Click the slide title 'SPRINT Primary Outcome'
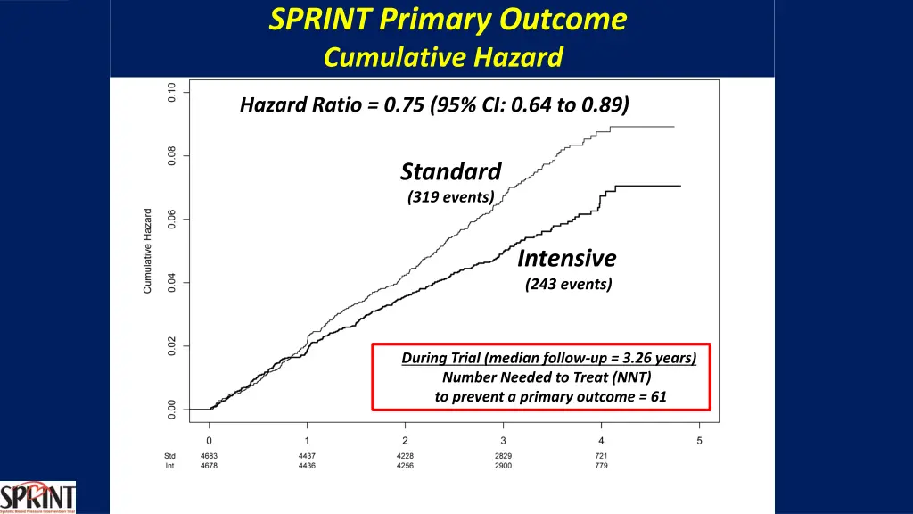(448, 20)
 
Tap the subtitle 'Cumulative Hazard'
(443, 58)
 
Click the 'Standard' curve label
(451, 171)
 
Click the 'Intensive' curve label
(567, 259)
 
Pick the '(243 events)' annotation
(569, 285)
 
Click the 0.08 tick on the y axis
(172, 156)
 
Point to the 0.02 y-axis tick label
(172, 346)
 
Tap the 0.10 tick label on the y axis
(172, 92)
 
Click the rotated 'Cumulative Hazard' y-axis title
(148, 251)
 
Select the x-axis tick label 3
(503, 441)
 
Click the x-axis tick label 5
(699, 441)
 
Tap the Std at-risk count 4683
(209, 456)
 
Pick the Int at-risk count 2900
(503, 466)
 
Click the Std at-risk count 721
(601, 456)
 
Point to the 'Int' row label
(169, 466)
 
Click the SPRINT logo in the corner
(37, 497)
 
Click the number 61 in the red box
(658, 396)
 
